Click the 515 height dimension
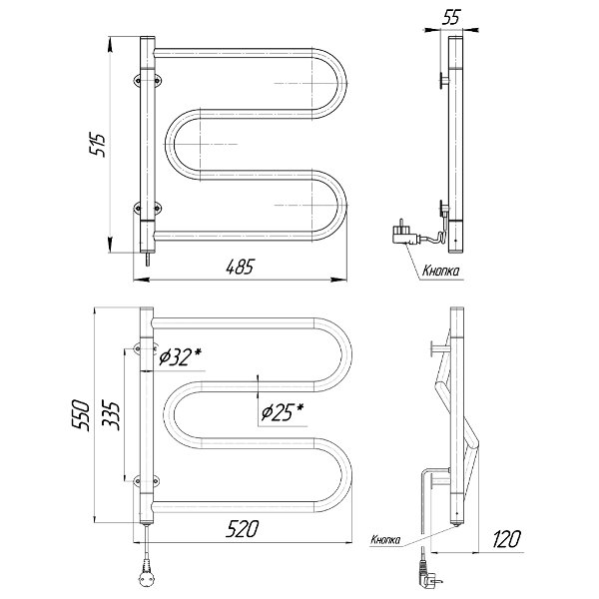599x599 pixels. click(97, 145)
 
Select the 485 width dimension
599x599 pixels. click(240, 267)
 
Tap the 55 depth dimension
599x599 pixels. click(451, 17)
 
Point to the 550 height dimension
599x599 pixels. click(81, 415)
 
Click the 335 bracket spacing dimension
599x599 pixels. click(111, 415)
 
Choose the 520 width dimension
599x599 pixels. click(242, 529)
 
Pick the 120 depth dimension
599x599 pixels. click(506, 539)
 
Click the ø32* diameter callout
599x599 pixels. click(180, 356)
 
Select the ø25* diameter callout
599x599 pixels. click(283, 412)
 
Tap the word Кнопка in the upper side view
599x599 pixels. click(440, 271)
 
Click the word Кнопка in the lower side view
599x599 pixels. click(385, 539)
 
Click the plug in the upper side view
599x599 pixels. click(404, 233)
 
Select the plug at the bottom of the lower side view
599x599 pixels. click(429, 574)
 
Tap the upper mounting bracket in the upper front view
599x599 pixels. click(148, 80)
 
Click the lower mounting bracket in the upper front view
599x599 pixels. click(148, 208)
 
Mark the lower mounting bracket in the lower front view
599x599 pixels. click(147, 481)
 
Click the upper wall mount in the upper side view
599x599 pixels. click(444, 80)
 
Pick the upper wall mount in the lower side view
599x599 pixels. click(440, 347)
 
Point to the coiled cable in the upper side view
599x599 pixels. click(438, 235)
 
